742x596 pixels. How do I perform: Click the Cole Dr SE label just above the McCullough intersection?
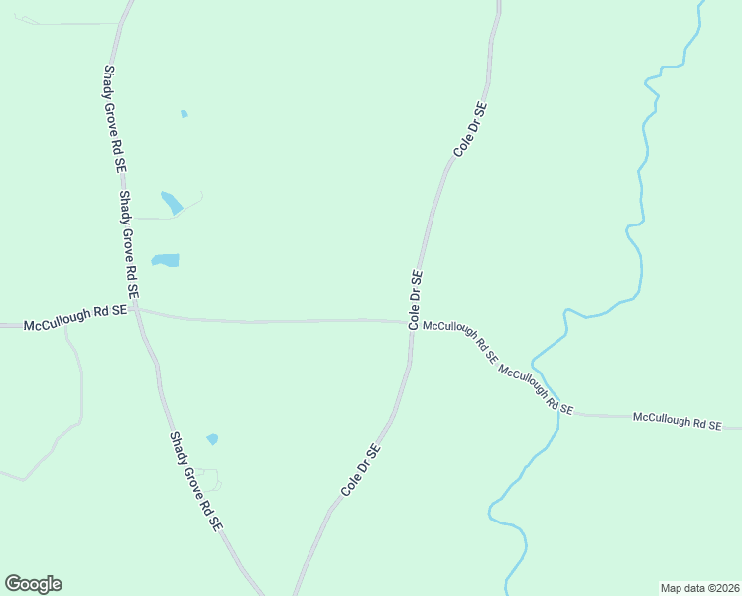[417, 300]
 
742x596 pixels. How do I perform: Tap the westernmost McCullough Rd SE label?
[75, 317]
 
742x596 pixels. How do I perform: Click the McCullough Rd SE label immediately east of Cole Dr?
[459, 343]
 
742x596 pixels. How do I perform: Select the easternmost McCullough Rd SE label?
[678, 421]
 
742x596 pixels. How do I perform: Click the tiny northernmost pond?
[185, 114]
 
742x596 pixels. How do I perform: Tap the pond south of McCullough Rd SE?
[212, 439]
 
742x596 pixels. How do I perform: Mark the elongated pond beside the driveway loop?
[172, 202]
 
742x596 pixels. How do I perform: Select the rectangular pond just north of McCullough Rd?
[166, 261]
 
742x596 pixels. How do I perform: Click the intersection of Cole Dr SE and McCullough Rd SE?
[411, 322]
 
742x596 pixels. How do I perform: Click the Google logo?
[33, 584]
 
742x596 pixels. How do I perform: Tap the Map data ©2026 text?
[699, 587]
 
